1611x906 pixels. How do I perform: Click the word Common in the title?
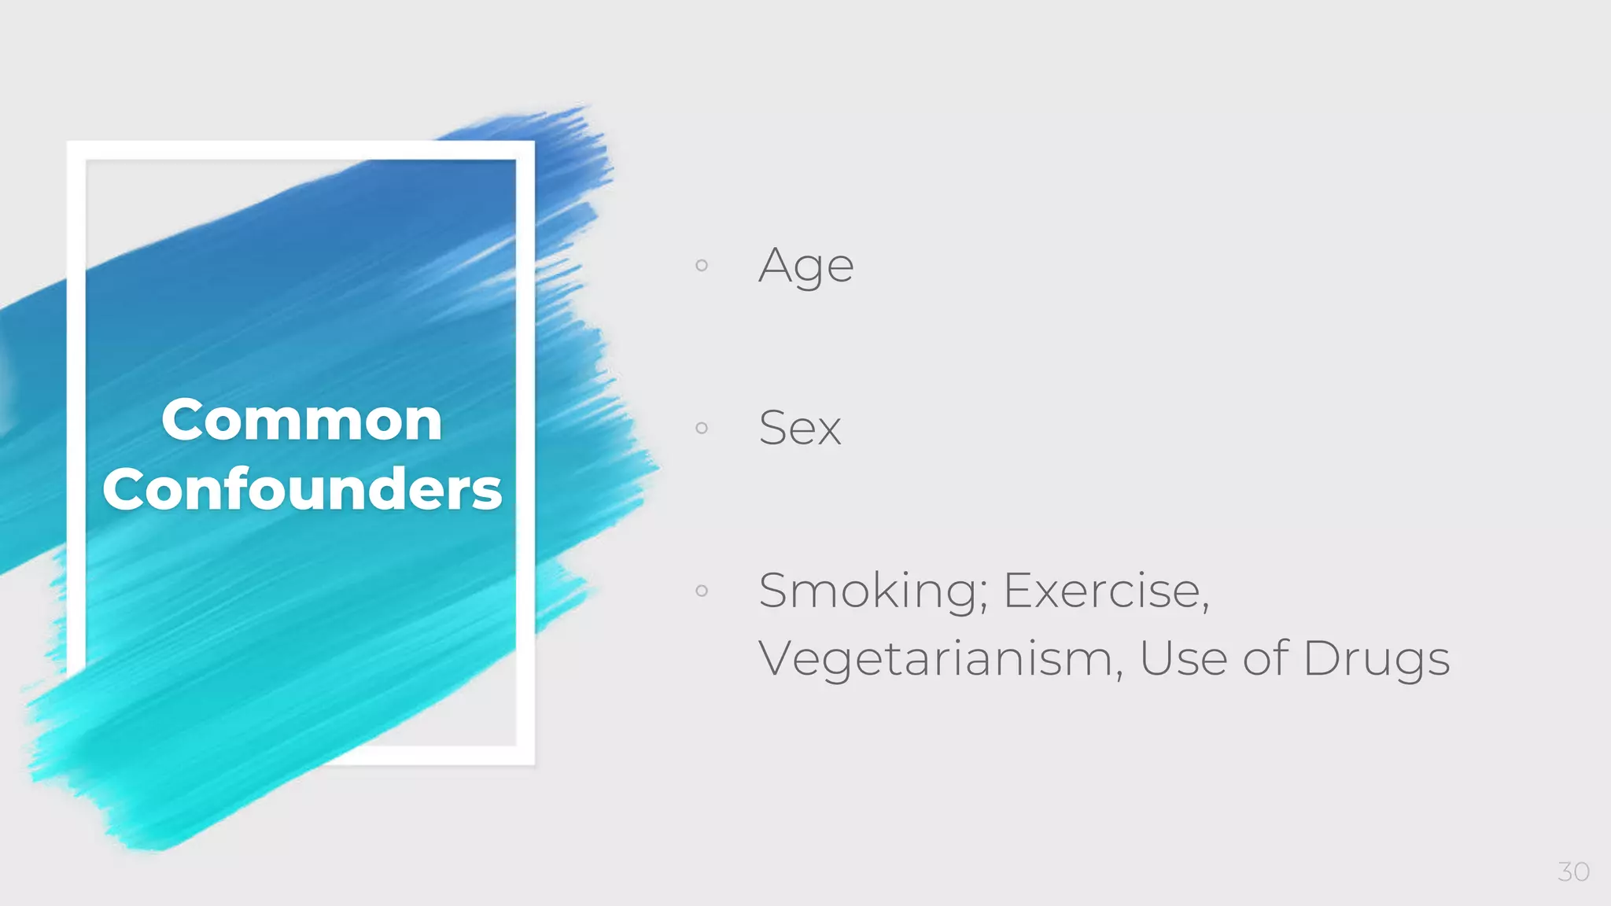click(301, 420)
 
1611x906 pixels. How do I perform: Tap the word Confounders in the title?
click(302, 489)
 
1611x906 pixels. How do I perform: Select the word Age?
click(805, 266)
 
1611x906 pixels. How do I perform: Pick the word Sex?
click(799, 429)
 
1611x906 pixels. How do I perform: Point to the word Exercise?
click(1102, 591)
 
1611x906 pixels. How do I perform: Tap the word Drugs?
click(1376, 659)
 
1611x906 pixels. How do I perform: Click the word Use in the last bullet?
click(1183, 659)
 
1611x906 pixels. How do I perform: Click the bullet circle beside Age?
click(702, 265)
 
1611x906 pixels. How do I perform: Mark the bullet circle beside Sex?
click(702, 428)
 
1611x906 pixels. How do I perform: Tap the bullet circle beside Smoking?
click(702, 591)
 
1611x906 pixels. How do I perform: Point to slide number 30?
click(1573, 871)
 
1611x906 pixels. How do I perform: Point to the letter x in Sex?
click(828, 431)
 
